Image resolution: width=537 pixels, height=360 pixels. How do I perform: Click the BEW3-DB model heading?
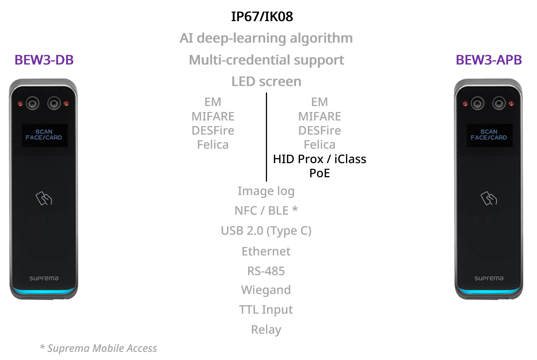coord(44,60)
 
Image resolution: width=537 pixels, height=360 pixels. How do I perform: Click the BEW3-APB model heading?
coord(489,60)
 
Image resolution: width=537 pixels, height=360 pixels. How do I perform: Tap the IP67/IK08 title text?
coord(262,17)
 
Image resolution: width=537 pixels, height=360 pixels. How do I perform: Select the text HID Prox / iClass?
coord(319,159)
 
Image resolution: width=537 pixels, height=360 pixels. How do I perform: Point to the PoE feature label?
coord(319,173)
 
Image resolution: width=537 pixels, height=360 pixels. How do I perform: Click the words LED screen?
coord(266,82)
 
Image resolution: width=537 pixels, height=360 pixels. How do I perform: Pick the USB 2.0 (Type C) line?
coord(266,231)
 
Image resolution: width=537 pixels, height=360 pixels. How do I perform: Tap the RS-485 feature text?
coord(266,271)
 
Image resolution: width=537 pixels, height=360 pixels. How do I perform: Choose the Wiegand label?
coord(266,290)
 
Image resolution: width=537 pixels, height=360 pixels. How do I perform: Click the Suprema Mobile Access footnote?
coord(99,349)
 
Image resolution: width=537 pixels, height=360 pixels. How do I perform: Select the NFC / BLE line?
coord(266,211)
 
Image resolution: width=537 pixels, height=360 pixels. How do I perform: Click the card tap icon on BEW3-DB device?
coord(44,198)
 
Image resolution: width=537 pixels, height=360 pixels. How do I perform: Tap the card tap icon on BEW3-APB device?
coord(489,198)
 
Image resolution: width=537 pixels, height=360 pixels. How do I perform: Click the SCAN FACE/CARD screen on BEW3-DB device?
coord(44,135)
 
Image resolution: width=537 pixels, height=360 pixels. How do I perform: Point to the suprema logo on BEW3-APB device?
coord(489,278)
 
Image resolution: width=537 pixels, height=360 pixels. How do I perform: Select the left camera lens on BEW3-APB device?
coord(478,103)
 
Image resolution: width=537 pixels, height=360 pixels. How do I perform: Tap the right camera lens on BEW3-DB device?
coord(54,103)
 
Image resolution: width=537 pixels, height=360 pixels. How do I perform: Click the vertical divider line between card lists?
coord(266,137)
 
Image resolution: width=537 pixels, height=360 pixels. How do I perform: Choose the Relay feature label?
coord(266,330)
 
